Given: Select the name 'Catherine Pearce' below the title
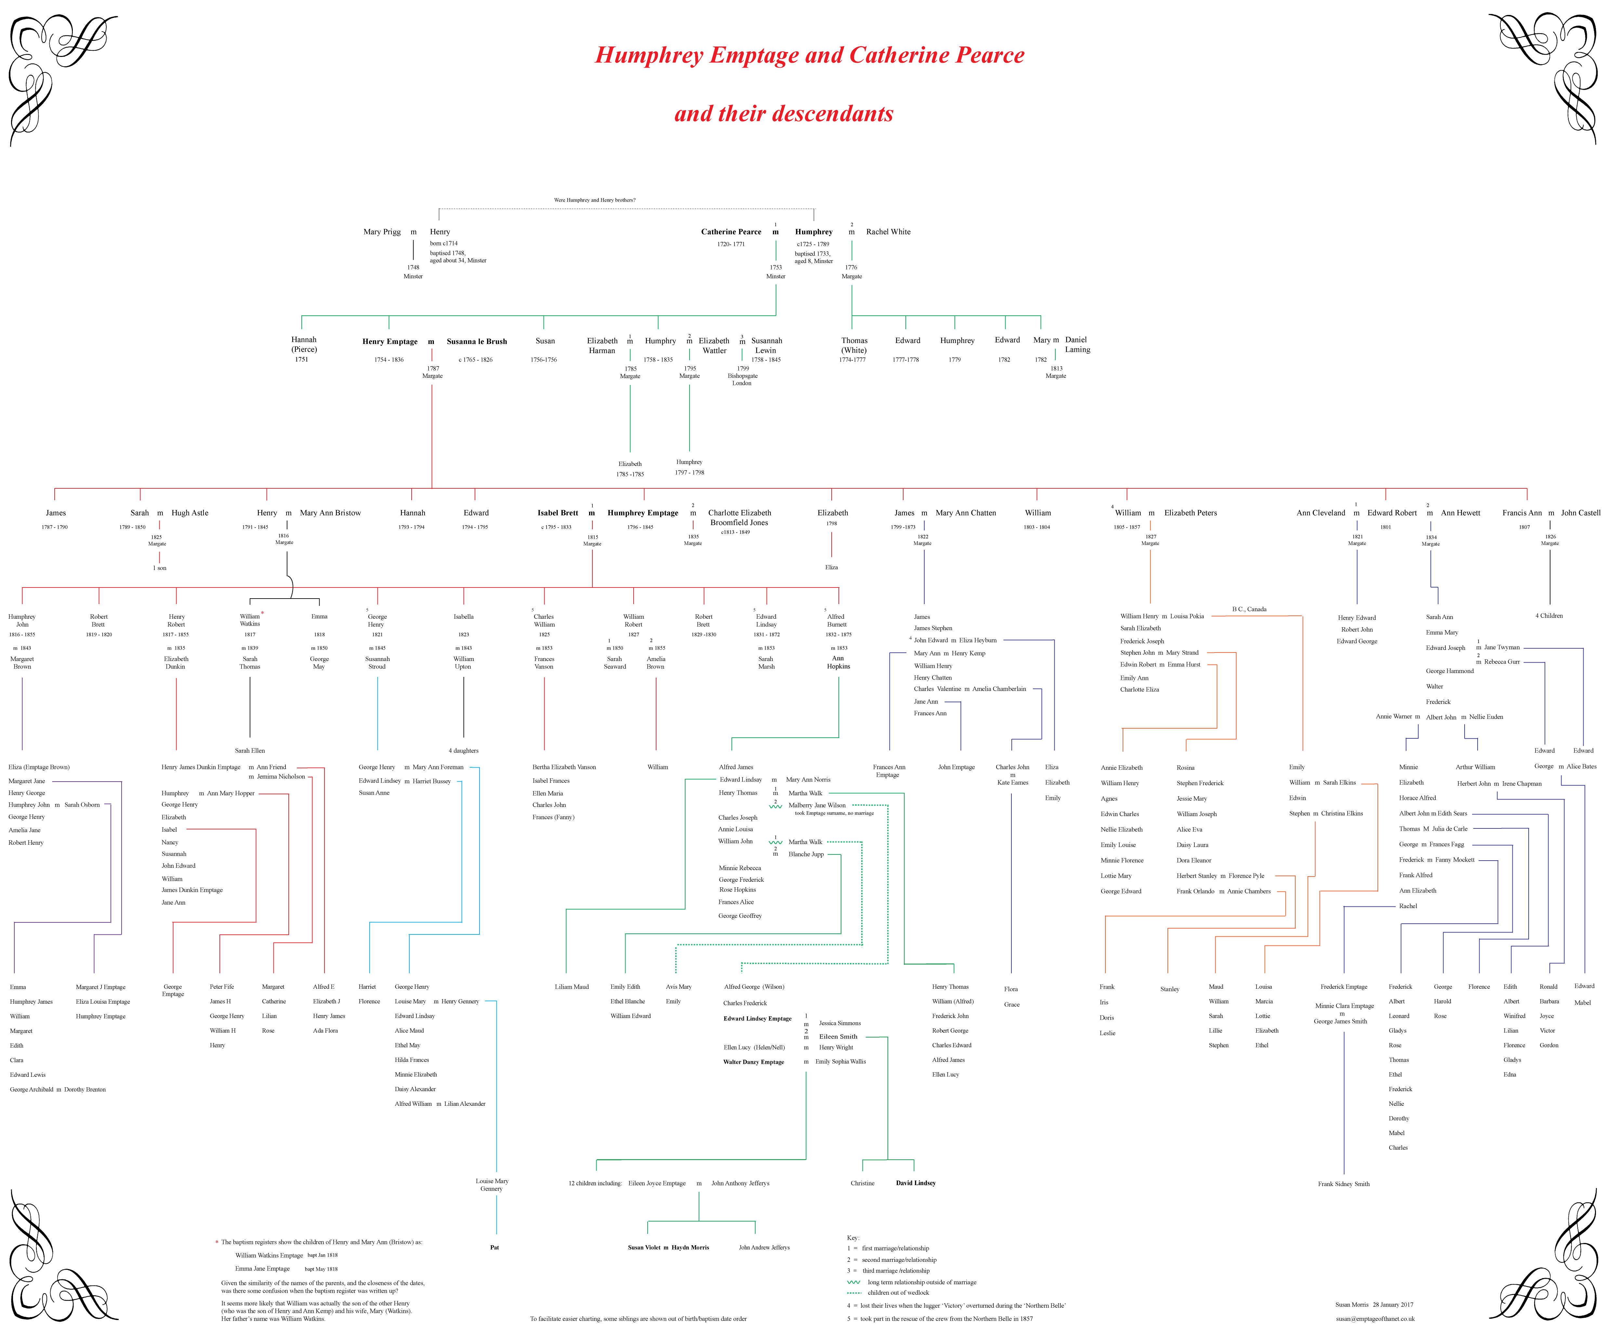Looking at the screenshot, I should tap(731, 232).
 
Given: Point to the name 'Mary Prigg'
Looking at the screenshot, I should tap(382, 232).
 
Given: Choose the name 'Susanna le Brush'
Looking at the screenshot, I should tap(477, 341).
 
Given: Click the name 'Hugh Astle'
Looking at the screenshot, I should tap(190, 513).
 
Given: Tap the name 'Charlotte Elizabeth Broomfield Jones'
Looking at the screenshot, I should tap(739, 517).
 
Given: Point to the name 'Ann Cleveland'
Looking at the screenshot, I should tap(1320, 513).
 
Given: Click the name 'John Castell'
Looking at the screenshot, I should tap(1580, 513).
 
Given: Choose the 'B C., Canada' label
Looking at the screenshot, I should tap(1249, 609).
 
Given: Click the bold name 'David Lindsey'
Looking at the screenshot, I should tap(915, 1183).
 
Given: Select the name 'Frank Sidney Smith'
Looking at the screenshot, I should tap(1343, 1184).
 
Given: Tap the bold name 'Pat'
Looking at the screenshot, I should tap(494, 1248).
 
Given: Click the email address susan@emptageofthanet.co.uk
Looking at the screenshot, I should tap(1374, 1319).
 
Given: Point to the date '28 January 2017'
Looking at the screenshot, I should tap(1393, 1305).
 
